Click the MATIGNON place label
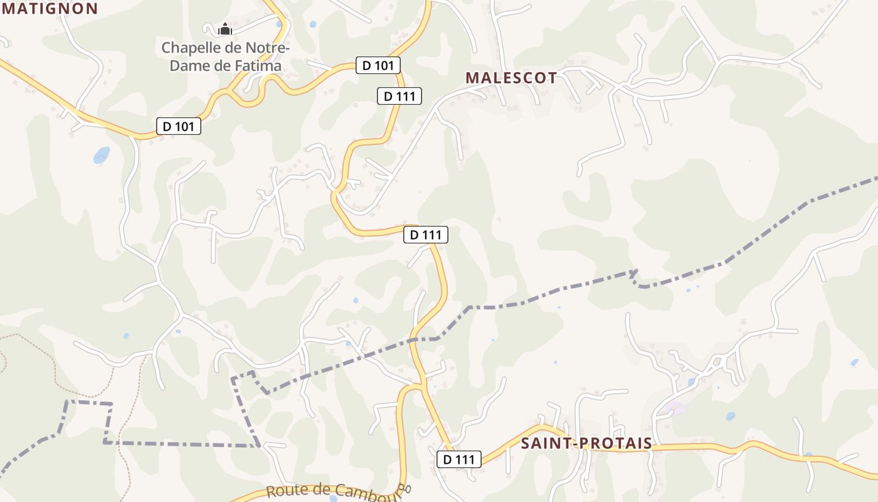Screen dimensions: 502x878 click(x=50, y=8)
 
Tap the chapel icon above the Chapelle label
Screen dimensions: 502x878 click(x=225, y=29)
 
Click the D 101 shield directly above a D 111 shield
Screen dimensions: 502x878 click(x=378, y=65)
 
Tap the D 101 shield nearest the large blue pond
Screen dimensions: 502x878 click(x=179, y=126)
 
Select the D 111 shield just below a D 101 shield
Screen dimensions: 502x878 click(x=399, y=96)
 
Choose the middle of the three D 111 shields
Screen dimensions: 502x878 click(x=426, y=235)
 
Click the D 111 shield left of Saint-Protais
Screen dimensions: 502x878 click(x=459, y=459)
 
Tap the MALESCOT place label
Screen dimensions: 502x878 click(x=511, y=78)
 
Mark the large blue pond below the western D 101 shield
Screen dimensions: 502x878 click(x=102, y=154)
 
